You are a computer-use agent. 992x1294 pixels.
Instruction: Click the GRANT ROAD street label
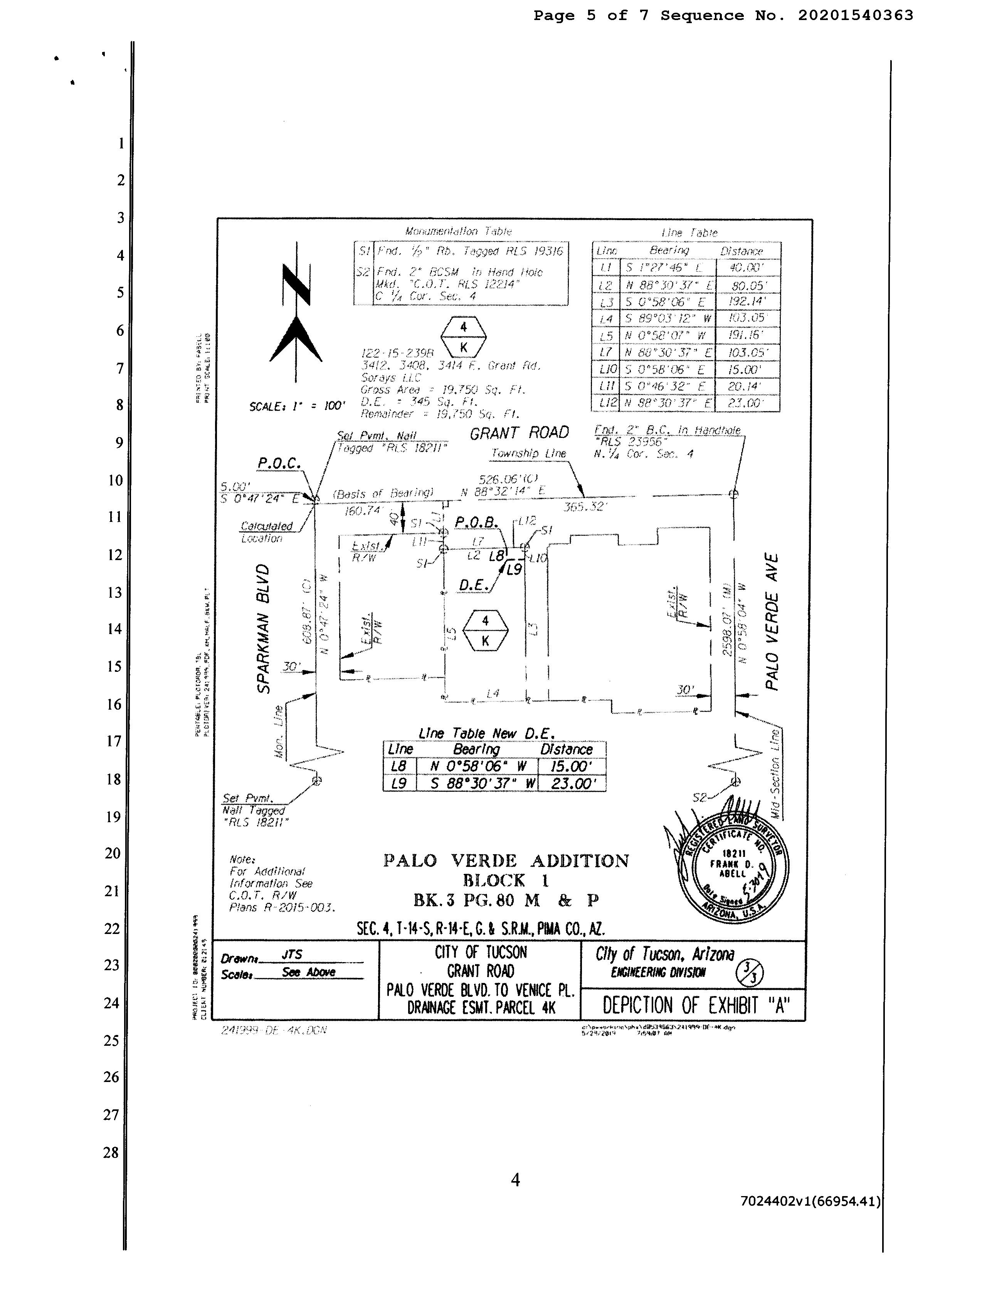pos(519,433)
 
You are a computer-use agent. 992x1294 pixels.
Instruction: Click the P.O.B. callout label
pos(476,522)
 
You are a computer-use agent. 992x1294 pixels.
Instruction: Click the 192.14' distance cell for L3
pos(748,301)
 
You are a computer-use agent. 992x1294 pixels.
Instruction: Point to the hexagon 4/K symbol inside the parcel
pos(485,630)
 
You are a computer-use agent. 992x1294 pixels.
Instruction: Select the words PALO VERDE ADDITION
pos(506,860)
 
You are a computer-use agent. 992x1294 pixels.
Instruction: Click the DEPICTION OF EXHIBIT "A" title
pos(695,1005)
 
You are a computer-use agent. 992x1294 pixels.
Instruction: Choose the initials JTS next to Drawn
pos(292,954)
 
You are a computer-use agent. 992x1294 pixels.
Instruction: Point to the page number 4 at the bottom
pos(515,1180)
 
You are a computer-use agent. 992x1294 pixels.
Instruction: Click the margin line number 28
pos(111,1152)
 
